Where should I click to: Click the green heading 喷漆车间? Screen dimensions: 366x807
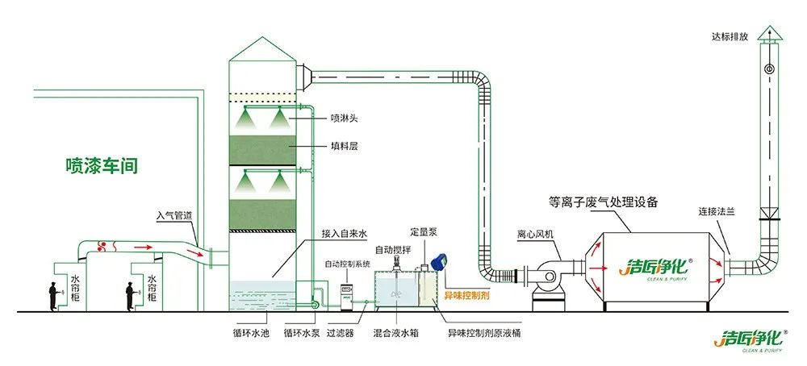point(102,166)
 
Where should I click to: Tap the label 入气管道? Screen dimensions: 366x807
point(175,215)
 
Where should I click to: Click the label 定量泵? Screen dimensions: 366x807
point(423,232)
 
